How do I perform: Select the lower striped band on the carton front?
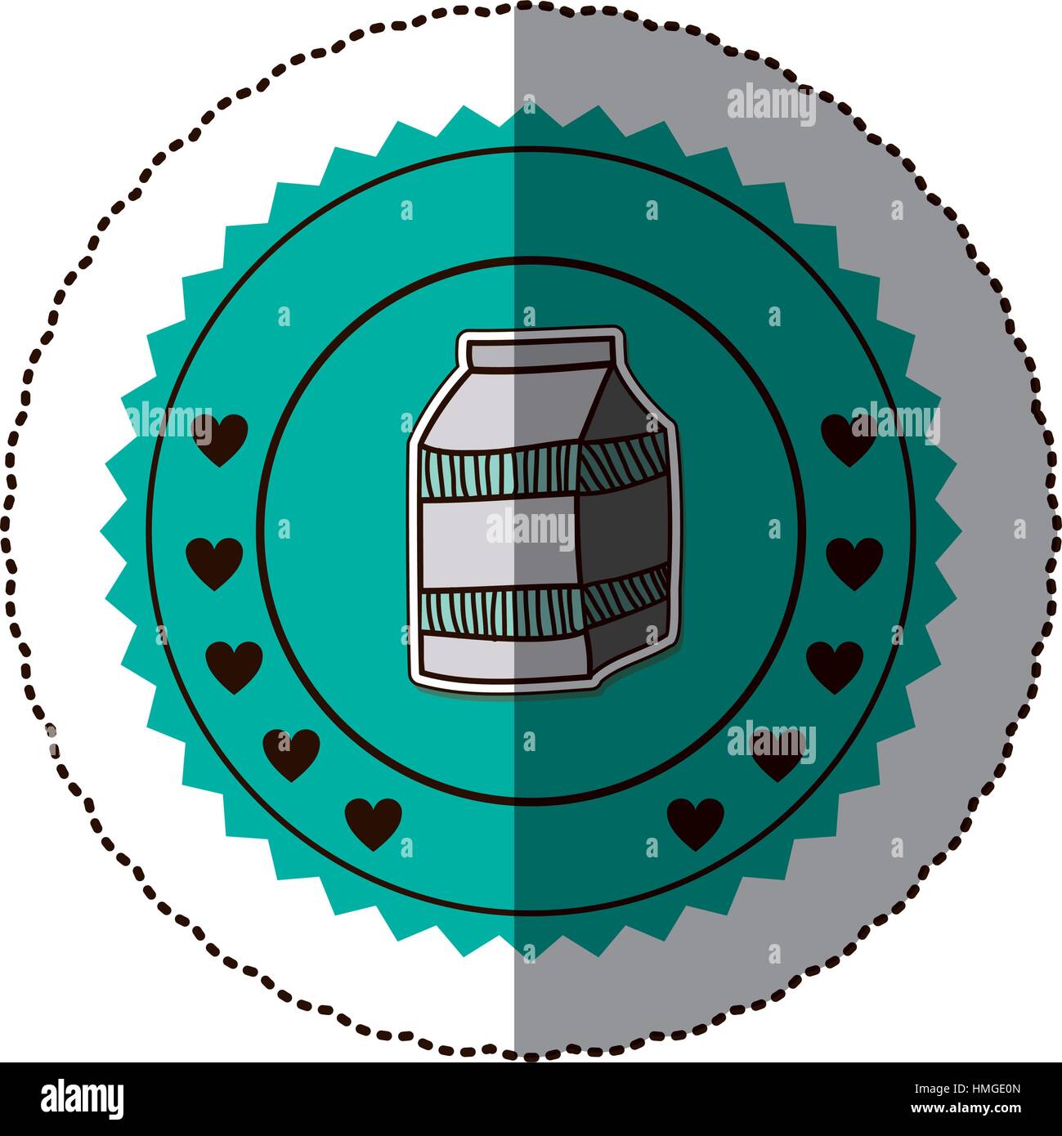(503, 613)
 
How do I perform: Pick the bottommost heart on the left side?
(373, 825)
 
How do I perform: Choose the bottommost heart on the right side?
(696, 825)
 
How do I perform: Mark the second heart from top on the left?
(214, 564)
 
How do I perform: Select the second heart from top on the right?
(854, 564)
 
